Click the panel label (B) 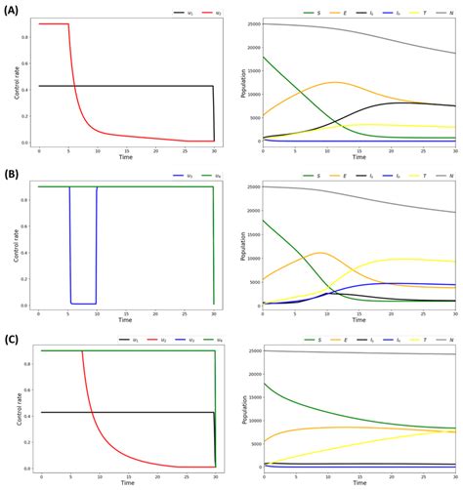(14, 172)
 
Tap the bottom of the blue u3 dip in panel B (83, 304)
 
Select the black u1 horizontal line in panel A (127, 86)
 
